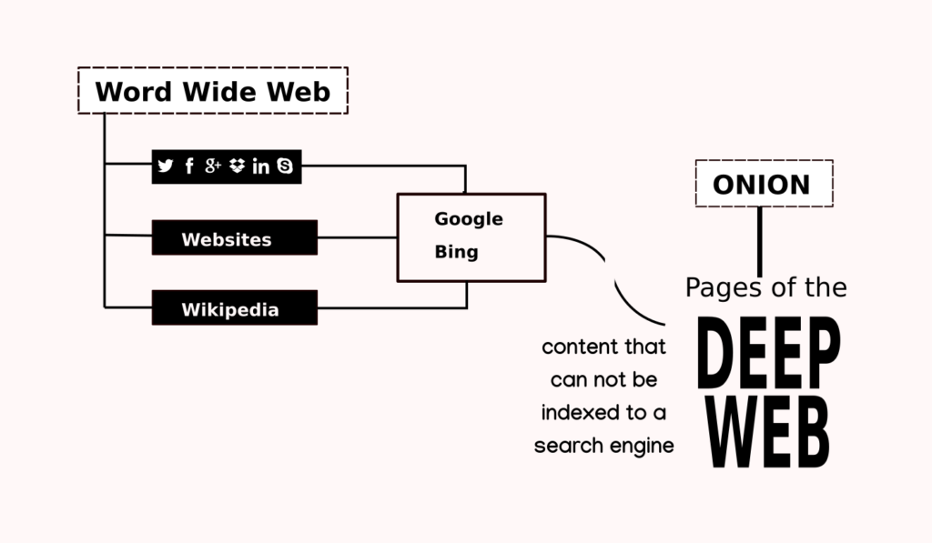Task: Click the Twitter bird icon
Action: (x=165, y=166)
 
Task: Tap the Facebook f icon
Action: (x=189, y=166)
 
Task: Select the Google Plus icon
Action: (x=213, y=166)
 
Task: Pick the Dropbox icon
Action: (x=238, y=166)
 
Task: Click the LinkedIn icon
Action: (x=261, y=166)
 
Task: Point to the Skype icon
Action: (x=285, y=166)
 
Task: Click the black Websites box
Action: (x=234, y=238)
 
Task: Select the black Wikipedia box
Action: (x=234, y=309)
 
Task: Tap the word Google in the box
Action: (x=468, y=219)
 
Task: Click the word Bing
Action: (x=456, y=252)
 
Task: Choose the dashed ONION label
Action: (x=761, y=185)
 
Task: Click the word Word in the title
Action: (x=134, y=92)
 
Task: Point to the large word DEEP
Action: (x=769, y=355)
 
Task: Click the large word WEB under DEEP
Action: (x=768, y=428)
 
